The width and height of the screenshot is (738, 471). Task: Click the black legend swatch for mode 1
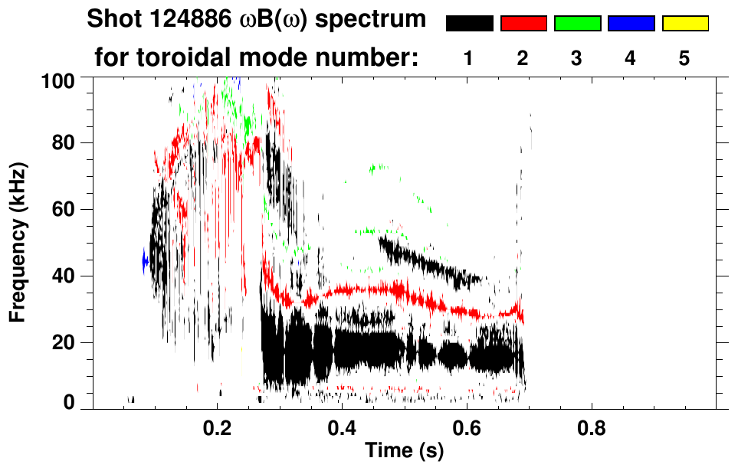pyautogui.click(x=469, y=24)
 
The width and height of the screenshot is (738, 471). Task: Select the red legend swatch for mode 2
pyautogui.click(x=523, y=24)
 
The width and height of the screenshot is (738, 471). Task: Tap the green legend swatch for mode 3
pyautogui.click(x=577, y=24)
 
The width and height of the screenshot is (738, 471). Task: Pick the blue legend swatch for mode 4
pyautogui.click(x=631, y=24)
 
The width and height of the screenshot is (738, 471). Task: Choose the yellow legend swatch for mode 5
pyautogui.click(x=685, y=24)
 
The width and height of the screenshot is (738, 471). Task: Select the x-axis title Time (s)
pyautogui.click(x=403, y=450)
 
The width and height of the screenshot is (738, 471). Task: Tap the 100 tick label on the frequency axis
pyautogui.click(x=60, y=80)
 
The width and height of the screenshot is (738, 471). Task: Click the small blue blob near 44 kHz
pyautogui.click(x=144, y=262)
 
